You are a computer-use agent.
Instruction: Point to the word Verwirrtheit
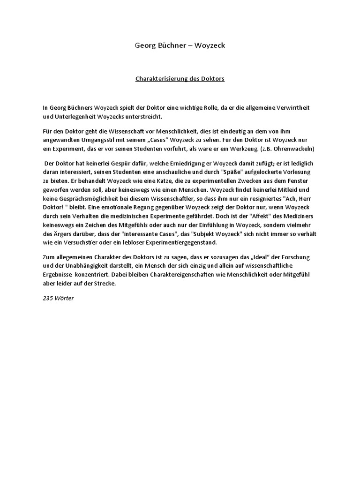[292, 108]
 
